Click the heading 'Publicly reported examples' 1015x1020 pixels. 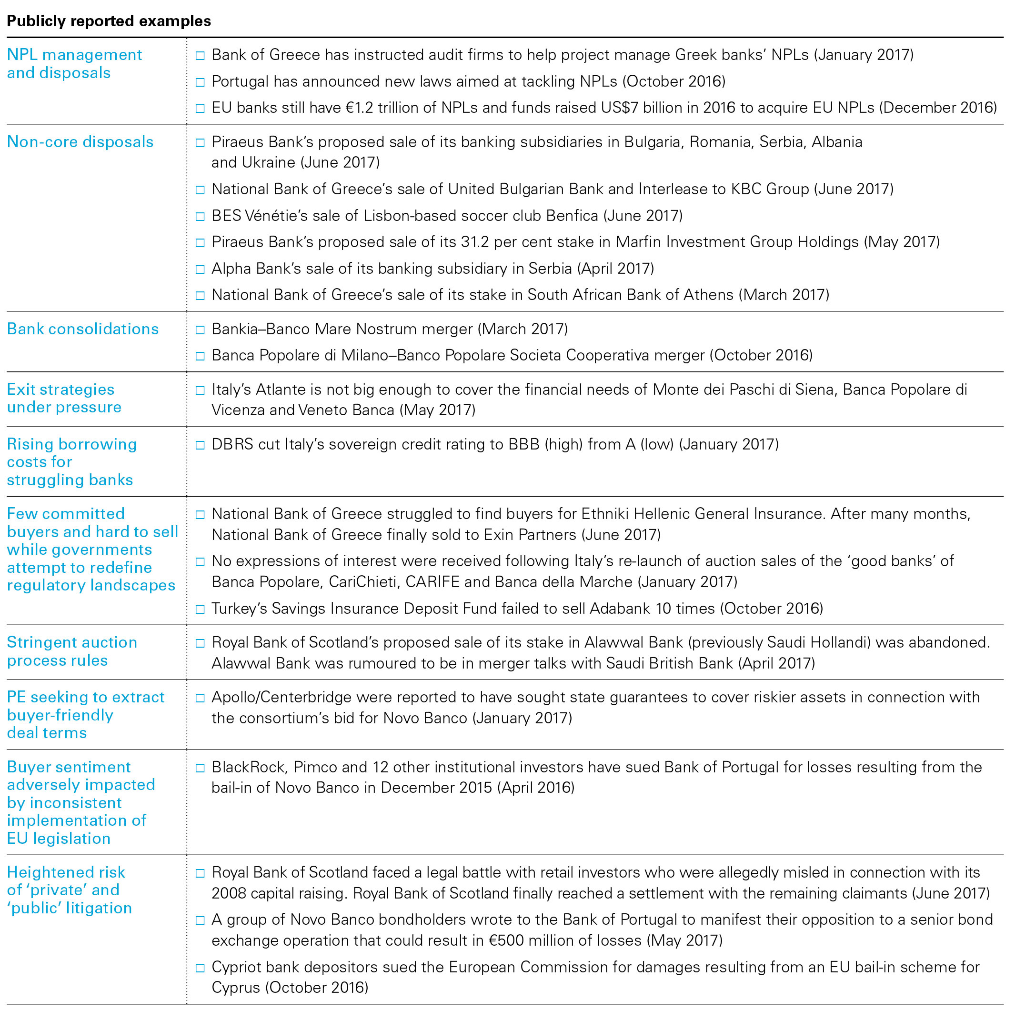109,21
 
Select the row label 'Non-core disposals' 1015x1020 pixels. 80,142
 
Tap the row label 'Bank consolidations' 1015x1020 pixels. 83,329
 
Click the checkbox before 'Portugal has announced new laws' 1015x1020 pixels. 200,82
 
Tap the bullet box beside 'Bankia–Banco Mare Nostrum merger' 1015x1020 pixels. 200,330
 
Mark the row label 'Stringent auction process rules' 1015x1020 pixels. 72,651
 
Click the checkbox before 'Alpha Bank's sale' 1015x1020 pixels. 200,269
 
